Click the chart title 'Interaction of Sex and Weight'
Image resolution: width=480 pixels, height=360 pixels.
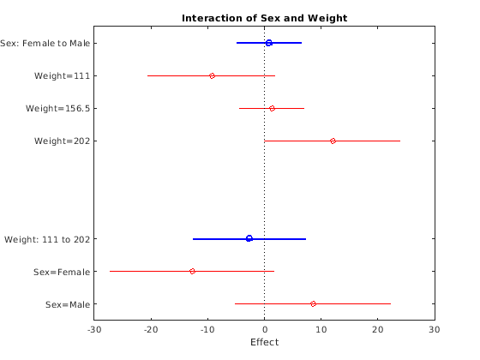[x=264, y=18]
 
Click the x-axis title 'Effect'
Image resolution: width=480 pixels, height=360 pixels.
[x=264, y=343]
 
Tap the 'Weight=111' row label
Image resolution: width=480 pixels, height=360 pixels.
[x=63, y=75]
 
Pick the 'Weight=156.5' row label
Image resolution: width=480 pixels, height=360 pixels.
[x=58, y=108]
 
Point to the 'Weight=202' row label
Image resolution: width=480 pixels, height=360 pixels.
[x=63, y=141]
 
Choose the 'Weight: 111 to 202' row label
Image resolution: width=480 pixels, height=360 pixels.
[x=51, y=238]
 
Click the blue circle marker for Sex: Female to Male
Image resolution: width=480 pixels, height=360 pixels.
[x=268, y=43]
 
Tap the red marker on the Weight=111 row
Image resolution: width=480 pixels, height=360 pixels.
[x=212, y=75]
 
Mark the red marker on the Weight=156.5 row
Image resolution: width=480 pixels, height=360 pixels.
[x=272, y=108]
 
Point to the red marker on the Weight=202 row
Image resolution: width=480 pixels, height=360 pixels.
[x=333, y=141]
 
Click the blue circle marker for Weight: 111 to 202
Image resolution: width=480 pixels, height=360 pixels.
[x=249, y=238]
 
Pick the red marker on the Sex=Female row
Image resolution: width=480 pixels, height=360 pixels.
[x=192, y=271]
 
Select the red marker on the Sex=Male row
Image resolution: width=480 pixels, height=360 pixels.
[x=313, y=303]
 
